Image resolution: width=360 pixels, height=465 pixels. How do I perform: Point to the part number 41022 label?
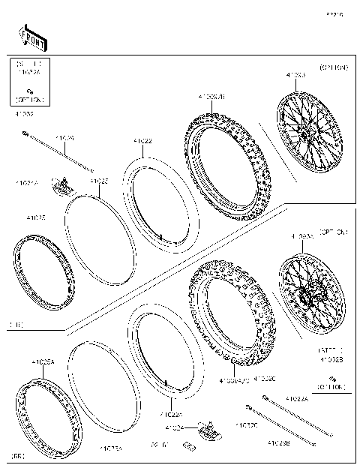coord(142,141)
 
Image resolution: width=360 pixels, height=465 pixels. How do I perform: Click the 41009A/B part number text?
coord(212,97)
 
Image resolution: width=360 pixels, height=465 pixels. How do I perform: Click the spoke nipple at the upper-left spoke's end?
coord(25,134)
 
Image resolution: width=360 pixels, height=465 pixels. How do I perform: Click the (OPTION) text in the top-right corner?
coord(334,67)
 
